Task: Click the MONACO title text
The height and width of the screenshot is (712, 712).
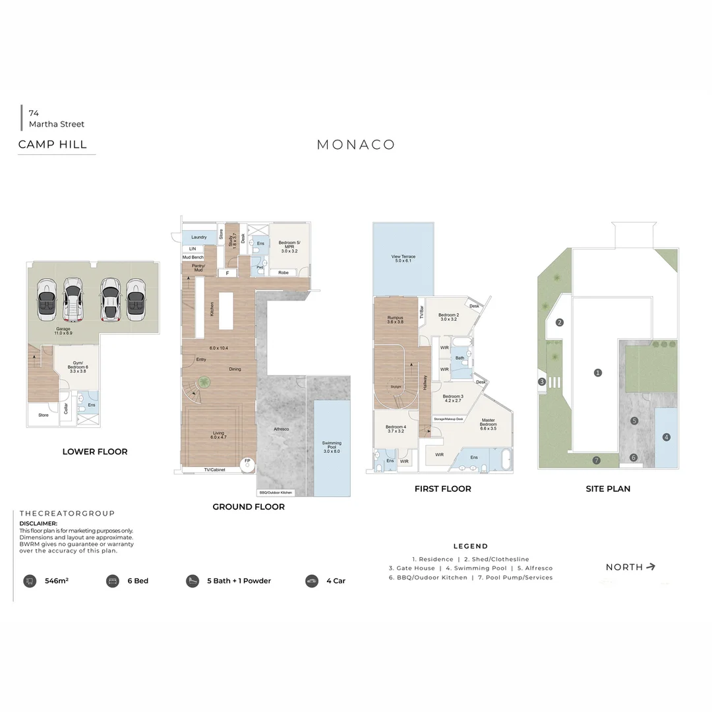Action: click(356, 145)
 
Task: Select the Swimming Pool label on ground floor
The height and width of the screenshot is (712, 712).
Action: click(332, 446)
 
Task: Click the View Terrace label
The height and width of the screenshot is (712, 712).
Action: click(403, 257)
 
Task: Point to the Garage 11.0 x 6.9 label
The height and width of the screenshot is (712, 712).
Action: click(63, 331)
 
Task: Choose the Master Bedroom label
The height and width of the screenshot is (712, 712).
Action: click(489, 423)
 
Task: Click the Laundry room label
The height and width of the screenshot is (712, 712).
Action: click(199, 237)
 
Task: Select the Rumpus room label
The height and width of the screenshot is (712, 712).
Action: click(395, 320)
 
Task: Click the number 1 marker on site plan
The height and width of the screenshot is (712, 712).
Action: click(598, 372)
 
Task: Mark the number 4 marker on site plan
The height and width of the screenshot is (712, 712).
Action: click(667, 436)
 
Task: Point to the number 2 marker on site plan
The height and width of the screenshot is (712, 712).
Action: click(560, 322)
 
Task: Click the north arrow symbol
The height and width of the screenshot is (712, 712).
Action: click(651, 566)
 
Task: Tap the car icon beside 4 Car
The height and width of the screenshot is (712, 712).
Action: click(312, 581)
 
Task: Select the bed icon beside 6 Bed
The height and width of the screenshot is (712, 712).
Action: click(112, 581)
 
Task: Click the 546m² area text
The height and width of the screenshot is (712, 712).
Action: click(57, 581)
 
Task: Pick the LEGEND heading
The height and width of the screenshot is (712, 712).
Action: click(471, 546)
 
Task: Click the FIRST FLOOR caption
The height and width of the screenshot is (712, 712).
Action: click(442, 489)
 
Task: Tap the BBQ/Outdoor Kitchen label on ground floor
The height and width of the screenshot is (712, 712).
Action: click(276, 492)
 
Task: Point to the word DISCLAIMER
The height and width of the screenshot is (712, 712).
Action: click(38, 523)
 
